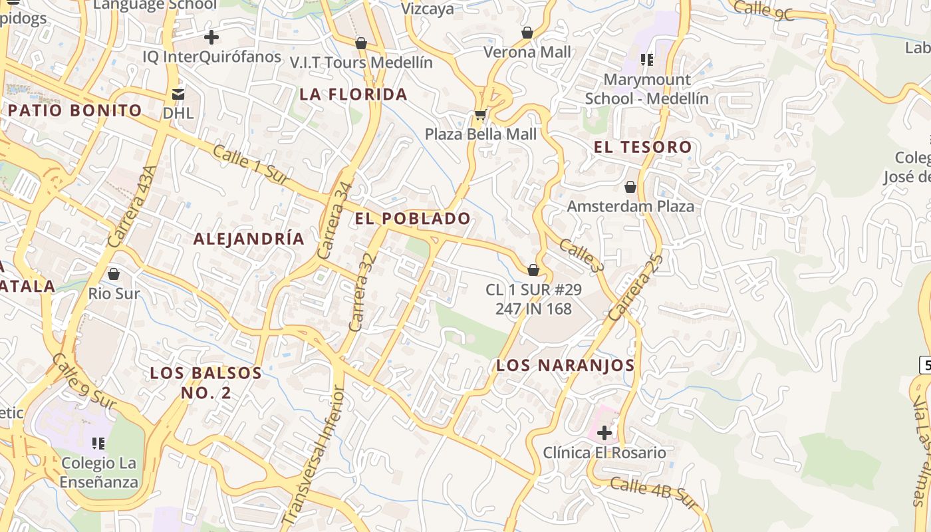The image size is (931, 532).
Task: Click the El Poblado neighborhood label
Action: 412,218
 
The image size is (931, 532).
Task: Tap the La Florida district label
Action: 353,94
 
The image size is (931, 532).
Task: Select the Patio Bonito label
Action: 74,110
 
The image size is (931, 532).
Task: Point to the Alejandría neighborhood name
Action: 249,239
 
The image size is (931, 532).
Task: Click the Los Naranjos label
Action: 565,365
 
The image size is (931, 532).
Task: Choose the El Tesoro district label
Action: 642,147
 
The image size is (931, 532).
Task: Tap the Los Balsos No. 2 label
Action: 205,382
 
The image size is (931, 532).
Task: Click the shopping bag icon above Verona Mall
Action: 527,32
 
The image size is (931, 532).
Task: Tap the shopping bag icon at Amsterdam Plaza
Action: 630,187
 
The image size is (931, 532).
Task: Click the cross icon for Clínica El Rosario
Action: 604,433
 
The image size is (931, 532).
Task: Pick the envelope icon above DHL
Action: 178,94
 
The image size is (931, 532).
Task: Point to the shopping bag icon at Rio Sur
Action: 114,273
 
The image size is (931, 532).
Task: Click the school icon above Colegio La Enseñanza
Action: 98,443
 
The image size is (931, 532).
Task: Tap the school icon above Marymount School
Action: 646,60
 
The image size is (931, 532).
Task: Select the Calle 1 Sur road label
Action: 251,165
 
